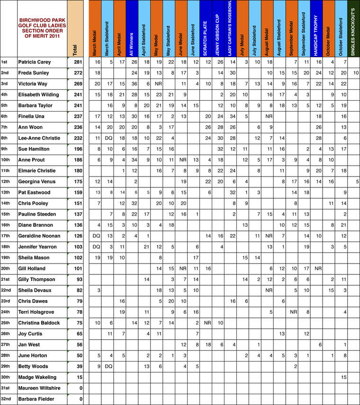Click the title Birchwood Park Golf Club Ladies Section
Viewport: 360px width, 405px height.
tap(42, 28)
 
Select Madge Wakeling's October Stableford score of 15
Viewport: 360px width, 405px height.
tap(343, 378)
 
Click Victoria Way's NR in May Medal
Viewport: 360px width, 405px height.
tap(159, 84)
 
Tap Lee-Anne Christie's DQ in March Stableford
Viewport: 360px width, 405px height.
tap(109, 138)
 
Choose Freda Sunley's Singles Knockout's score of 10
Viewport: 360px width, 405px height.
tap(356, 73)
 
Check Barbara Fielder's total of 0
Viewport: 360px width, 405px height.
tap(81, 399)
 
